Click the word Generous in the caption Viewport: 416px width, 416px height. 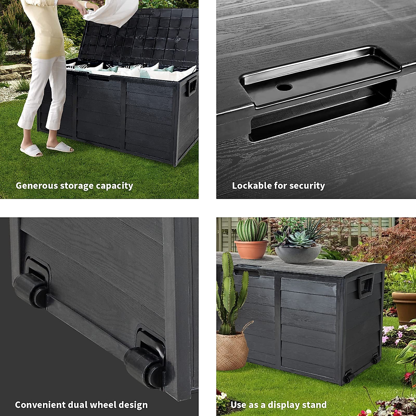(x=36, y=186)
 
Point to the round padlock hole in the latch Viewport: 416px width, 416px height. (x=284, y=87)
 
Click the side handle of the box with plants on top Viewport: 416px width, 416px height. (x=366, y=285)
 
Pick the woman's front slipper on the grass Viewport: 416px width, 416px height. (x=31, y=150)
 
